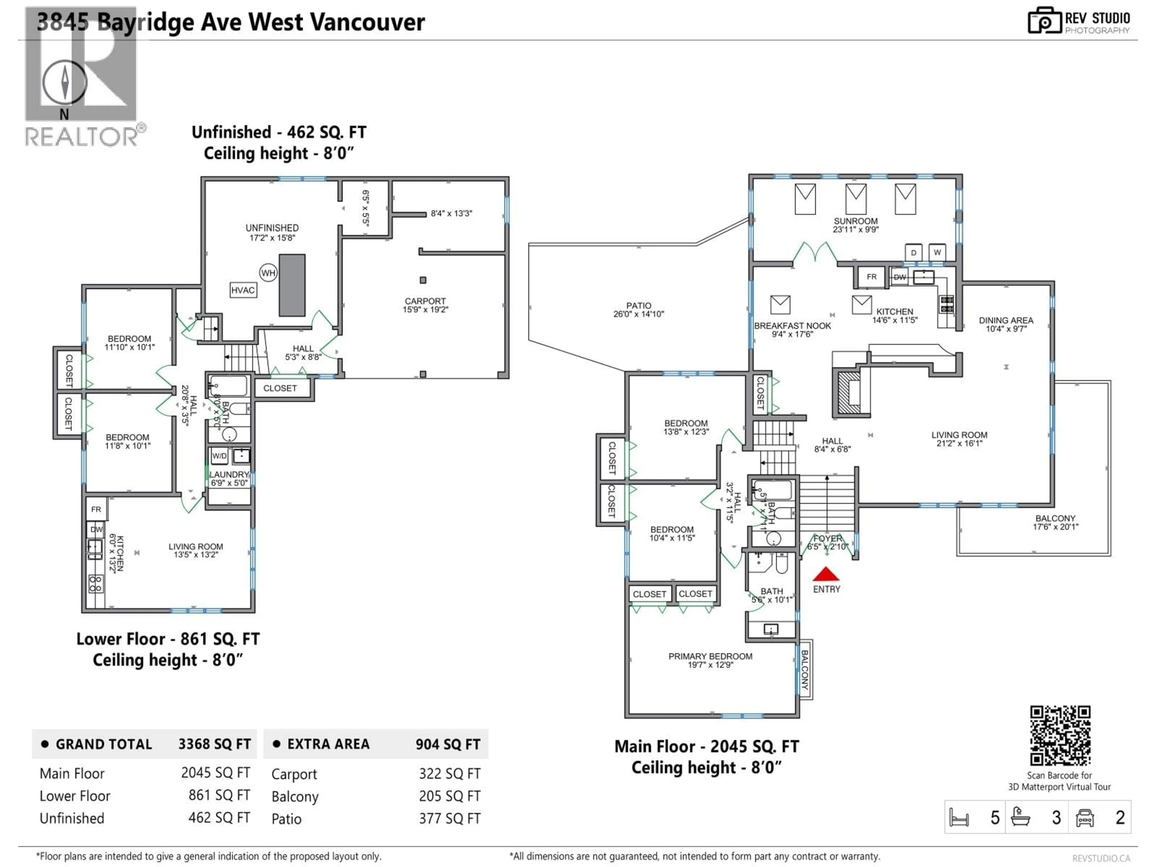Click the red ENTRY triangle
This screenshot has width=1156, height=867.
pyautogui.click(x=826, y=575)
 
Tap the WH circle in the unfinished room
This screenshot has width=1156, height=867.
pyautogui.click(x=268, y=273)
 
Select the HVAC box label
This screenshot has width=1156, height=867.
pyautogui.click(x=243, y=290)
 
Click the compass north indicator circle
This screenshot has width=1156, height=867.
pyautogui.click(x=64, y=82)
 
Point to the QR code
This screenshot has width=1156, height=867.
pyautogui.click(x=1060, y=736)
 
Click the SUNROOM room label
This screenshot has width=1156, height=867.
pyautogui.click(x=856, y=221)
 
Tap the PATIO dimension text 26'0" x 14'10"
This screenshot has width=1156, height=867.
pyautogui.click(x=639, y=314)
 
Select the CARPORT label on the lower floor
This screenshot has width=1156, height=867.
pyautogui.click(x=425, y=301)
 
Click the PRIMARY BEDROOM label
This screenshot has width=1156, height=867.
pyautogui.click(x=710, y=656)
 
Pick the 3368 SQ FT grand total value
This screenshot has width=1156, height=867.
pyautogui.click(x=214, y=744)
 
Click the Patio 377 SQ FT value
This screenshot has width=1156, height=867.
pyautogui.click(x=449, y=819)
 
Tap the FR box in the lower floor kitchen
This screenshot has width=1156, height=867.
pyautogui.click(x=96, y=509)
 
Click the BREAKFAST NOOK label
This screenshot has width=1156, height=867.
pyautogui.click(x=792, y=326)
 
